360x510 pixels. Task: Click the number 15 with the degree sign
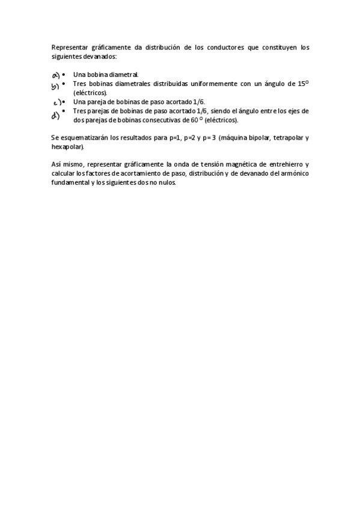pyautogui.click(x=303, y=84)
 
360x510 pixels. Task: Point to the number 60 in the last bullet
pyautogui.click(x=195, y=120)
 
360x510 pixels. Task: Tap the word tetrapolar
pyautogui.click(x=288, y=138)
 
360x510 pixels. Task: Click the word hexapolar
pyautogui.click(x=68, y=147)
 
